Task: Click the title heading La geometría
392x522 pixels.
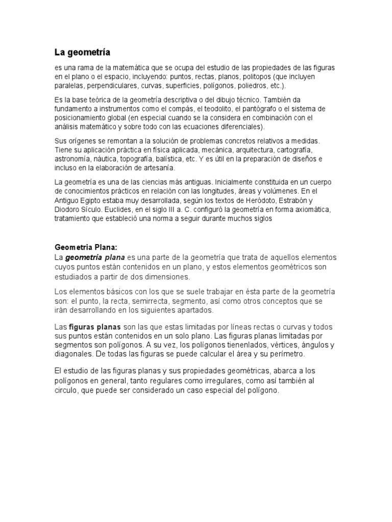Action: point(83,52)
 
